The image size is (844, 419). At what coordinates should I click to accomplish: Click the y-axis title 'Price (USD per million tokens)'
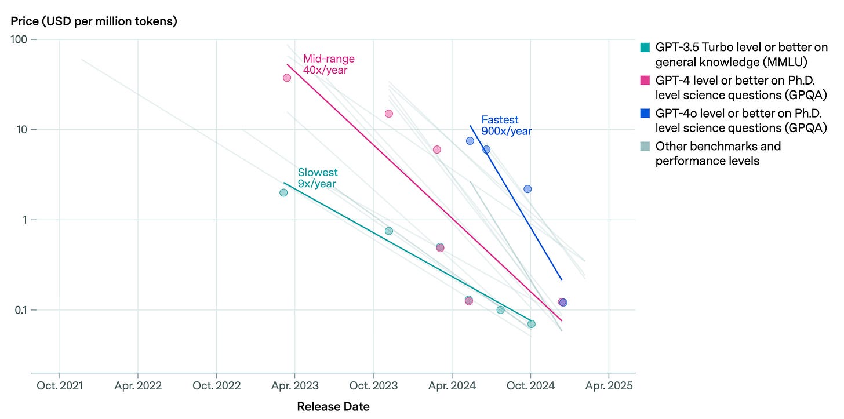pos(94,21)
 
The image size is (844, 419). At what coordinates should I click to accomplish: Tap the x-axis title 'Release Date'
pos(333,407)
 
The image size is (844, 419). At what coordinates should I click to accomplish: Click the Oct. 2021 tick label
pos(60,386)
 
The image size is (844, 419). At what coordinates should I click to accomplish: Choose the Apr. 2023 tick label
pos(295,386)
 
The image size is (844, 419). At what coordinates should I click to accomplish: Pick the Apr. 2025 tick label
pos(609,386)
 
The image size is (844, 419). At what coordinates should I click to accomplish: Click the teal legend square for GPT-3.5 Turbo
pos(645,48)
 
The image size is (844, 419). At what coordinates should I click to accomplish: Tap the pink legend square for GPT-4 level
pos(645,80)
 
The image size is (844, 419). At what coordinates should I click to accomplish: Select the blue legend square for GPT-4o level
pos(645,114)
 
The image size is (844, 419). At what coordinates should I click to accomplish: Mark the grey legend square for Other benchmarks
pos(645,146)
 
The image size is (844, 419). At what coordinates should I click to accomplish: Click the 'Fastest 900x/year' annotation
pos(507,126)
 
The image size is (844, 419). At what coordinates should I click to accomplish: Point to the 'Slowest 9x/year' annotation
pos(318,178)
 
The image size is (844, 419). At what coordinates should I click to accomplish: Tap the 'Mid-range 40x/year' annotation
pos(329,64)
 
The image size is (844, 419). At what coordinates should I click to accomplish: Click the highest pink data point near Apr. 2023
pos(287,78)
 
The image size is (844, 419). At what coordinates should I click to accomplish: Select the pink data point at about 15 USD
pos(389,114)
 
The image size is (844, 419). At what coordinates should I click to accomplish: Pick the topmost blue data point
pos(470,141)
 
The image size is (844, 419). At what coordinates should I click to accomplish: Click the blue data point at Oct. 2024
pos(527,189)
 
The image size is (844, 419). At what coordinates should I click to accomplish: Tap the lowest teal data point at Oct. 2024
pos(531,324)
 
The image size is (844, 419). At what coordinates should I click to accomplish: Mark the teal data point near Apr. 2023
pos(283,193)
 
